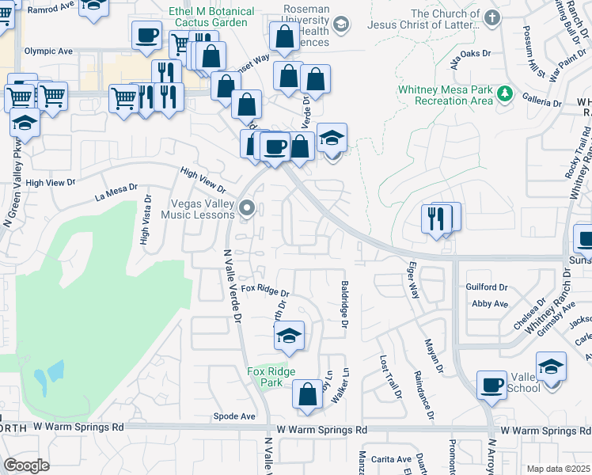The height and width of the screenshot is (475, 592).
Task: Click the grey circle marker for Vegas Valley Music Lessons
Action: point(248,209)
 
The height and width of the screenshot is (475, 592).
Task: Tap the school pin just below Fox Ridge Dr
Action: point(290,336)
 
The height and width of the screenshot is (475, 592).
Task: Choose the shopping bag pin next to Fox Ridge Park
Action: point(307,393)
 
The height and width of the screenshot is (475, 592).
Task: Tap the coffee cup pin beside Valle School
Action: point(492,386)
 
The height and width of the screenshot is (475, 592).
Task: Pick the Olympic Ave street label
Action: point(48,51)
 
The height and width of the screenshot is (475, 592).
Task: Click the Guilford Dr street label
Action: point(487,287)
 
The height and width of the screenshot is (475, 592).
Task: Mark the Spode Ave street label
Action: point(234,416)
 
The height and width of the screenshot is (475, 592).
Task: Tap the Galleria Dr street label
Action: point(542,103)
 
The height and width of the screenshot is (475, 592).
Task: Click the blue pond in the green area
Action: point(50,374)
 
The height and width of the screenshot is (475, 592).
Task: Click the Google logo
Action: point(26,465)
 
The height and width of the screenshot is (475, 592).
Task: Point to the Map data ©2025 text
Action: point(557,469)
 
